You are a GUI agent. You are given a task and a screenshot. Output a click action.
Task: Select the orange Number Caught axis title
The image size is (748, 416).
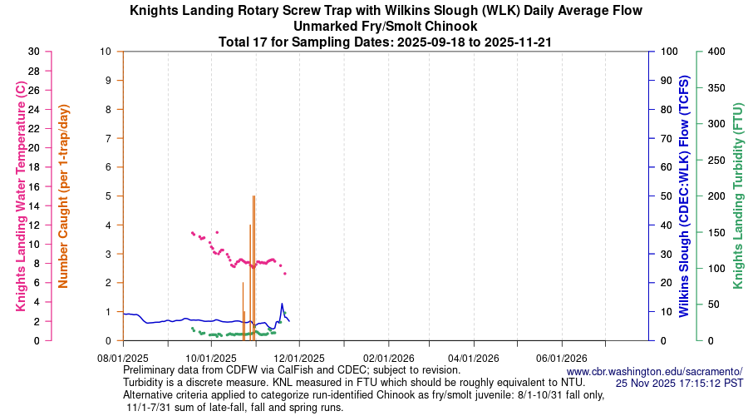(64, 196)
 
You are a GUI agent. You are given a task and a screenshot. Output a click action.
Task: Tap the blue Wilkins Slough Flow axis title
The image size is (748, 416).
(684, 196)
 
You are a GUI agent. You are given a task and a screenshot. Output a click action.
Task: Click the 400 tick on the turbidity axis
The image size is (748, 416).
(715, 52)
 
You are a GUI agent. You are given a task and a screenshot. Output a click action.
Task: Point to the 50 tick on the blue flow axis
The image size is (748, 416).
(667, 196)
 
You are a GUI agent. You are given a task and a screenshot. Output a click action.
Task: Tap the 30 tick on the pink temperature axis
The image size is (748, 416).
(33, 52)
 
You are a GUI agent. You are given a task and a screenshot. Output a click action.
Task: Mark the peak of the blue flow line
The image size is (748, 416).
(282, 304)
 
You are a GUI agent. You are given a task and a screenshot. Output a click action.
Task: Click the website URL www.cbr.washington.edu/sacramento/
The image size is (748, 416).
(654, 371)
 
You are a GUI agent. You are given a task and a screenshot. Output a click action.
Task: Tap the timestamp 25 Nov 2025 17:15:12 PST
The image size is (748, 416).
(679, 383)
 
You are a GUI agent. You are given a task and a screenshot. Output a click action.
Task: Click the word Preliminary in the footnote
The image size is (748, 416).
(152, 369)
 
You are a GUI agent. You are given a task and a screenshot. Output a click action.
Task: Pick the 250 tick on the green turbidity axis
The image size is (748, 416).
(715, 160)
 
